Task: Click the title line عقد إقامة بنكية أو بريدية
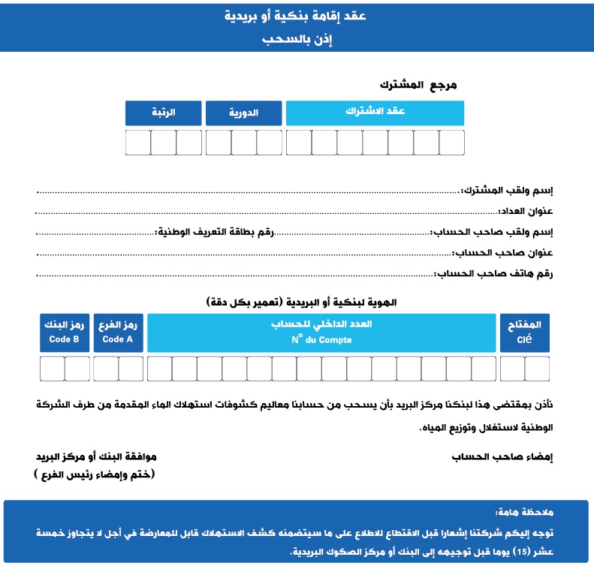pos(297,16)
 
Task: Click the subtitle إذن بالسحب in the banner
pos(297,39)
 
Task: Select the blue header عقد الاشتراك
pos(375,113)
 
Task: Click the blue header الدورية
pos(243,113)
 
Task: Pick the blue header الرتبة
pos(163,113)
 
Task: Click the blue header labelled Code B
pos(65,333)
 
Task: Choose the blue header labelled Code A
pos(118,333)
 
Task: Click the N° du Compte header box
pos(321,333)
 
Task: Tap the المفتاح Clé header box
pos(525,333)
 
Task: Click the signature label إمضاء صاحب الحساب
pos(502,456)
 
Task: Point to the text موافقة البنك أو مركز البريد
pos(96,456)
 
